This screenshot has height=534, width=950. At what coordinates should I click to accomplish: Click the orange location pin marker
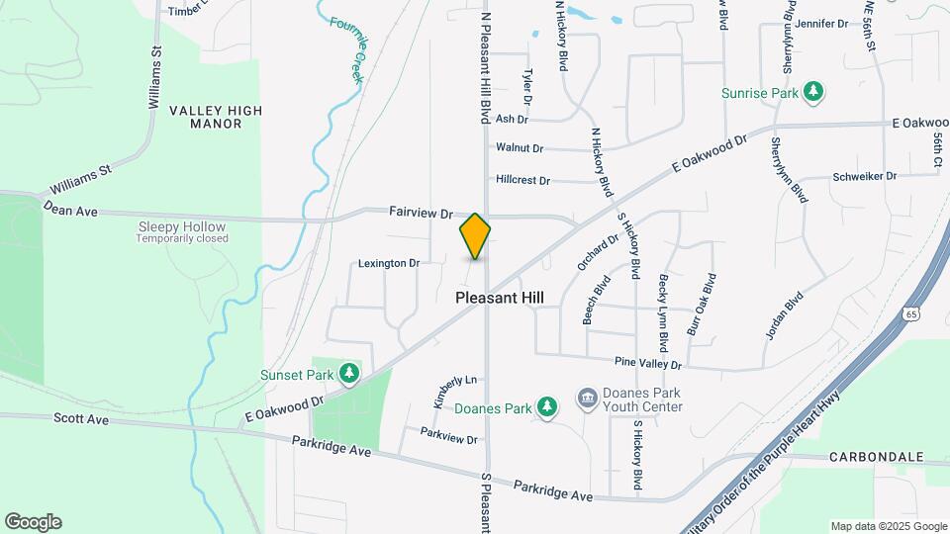coord(476,236)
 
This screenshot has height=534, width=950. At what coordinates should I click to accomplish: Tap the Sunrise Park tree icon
coord(813,92)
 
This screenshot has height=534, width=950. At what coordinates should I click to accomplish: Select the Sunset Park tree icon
coord(348,373)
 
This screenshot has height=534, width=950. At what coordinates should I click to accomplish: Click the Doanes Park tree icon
coord(546,405)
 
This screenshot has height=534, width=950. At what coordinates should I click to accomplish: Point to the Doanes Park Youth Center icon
coord(588,398)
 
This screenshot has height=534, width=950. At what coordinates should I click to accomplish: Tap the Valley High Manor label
coord(205,117)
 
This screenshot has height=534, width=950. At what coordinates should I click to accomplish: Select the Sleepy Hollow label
coord(182,227)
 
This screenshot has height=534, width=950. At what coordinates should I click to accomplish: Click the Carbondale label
coord(878,458)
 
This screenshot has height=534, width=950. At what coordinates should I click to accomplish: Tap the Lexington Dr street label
coord(389,264)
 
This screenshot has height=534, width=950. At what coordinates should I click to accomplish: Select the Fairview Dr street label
coord(421,213)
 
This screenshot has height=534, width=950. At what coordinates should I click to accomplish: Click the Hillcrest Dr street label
coord(522,180)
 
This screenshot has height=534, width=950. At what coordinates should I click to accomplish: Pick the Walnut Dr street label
coord(520,148)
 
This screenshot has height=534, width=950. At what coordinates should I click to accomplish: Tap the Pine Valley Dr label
coord(648,364)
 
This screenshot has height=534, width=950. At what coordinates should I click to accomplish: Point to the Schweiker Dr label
coord(865,176)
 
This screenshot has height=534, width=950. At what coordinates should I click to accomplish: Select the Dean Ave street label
coord(69,211)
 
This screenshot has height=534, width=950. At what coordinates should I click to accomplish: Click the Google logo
coord(33,522)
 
